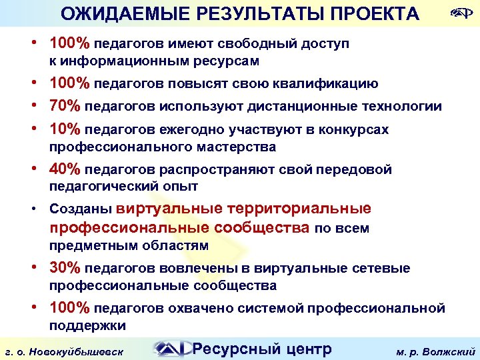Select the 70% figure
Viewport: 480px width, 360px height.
tap(65, 106)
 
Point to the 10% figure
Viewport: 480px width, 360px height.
tap(65, 129)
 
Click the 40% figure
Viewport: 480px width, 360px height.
tap(65, 169)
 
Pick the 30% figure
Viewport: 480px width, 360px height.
tap(65, 268)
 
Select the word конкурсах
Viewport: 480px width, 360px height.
tap(356, 129)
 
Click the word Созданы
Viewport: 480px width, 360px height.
tap(80, 209)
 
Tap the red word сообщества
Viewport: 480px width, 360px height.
tap(261, 228)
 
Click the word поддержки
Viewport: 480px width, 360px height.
tap(87, 325)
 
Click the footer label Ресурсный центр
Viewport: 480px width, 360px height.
tap(261, 348)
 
